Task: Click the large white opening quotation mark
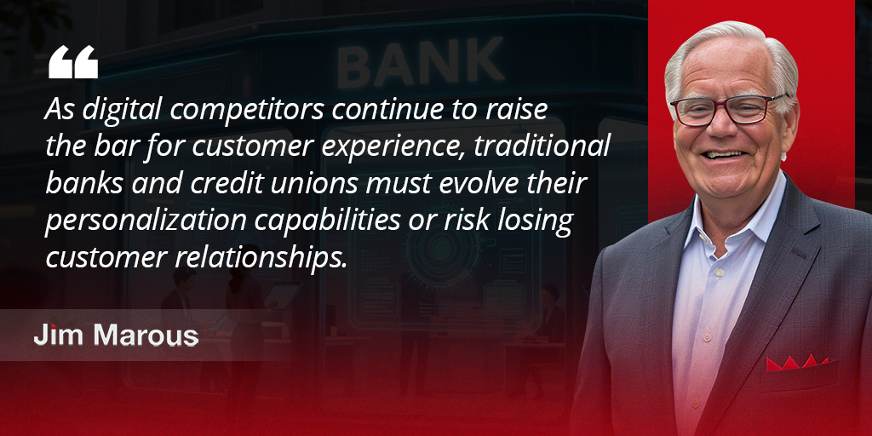[x=73, y=63]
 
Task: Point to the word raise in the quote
[x=512, y=111]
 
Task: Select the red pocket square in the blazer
[x=797, y=362]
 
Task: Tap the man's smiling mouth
[x=725, y=155]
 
